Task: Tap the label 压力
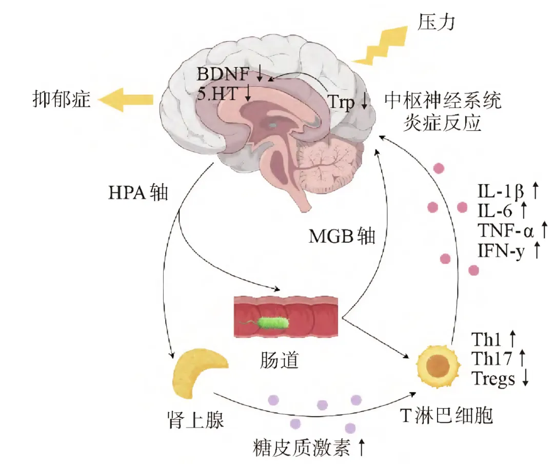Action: (x=436, y=22)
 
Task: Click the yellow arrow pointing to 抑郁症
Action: (x=125, y=100)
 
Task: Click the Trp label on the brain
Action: (x=341, y=102)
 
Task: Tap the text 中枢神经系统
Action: (x=443, y=101)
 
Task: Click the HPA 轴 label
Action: (x=138, y=193)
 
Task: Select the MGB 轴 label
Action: (x=342, y=236)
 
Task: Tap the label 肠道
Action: (x=280, y=360)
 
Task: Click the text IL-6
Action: (x=494, y=211)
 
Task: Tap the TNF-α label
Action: (x=505, y=230)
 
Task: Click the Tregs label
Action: (x=493, y=378)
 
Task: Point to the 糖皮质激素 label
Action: (x=302, y=448)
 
